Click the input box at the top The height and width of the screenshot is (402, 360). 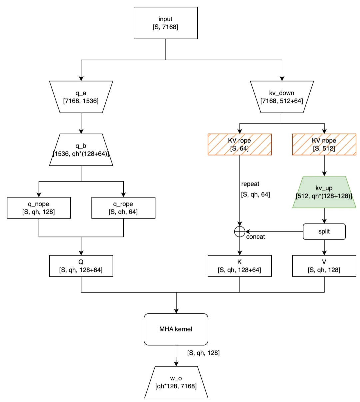[x=166, y=23]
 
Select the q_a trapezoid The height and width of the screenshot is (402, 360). [x=81, y=97]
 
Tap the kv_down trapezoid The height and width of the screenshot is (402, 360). [x=282, y=97]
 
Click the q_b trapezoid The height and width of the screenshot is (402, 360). [x=81, y=150]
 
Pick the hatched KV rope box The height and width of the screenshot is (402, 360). [x=239, y=145]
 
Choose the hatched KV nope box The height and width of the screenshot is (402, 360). [x=324, y=145]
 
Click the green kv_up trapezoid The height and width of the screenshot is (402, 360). [x=324, y=192]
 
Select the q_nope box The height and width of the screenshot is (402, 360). [x=39, y=208]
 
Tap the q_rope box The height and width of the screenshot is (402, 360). [x=123, y=208]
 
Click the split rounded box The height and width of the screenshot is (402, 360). [x=324, y=231]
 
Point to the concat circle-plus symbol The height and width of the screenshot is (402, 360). [x=240, y=231]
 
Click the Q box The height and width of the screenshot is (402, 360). [x=81, y=266]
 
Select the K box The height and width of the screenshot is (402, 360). [x=239, y=266]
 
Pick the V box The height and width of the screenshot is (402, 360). [x=324, y=266]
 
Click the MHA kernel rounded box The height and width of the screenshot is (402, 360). [x=176, y=329]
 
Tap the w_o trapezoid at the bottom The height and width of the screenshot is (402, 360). [x=176, y=382]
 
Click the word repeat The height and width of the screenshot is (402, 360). [x=250, y=184]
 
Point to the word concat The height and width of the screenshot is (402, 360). [x=256, y=237]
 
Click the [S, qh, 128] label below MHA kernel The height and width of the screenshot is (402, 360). [x=203, y=353]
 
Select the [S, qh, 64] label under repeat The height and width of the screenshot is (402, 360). [x=255, y=194]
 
